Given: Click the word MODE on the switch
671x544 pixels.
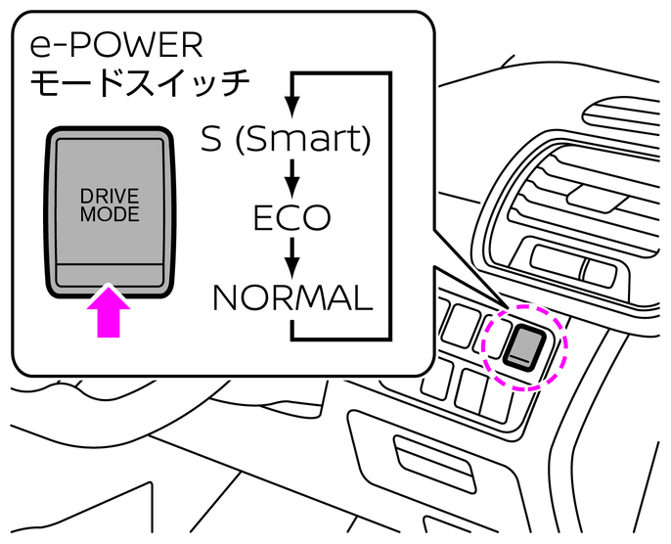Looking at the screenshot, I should click(110, 213).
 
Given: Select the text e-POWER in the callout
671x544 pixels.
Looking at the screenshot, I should click(116, 45).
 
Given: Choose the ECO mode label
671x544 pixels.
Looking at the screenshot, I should click(291, 218).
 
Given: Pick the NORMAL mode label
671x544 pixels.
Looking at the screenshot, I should click(292, 297).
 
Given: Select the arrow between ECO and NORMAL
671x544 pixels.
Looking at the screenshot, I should click(291, 256).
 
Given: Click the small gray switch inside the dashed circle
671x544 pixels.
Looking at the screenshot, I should click(526, 344).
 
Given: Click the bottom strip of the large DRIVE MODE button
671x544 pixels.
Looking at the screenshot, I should click(110, 276).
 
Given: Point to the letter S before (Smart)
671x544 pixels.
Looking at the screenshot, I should click(211, 139).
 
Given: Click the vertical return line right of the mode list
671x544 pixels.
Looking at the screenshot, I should click(391, 205).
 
